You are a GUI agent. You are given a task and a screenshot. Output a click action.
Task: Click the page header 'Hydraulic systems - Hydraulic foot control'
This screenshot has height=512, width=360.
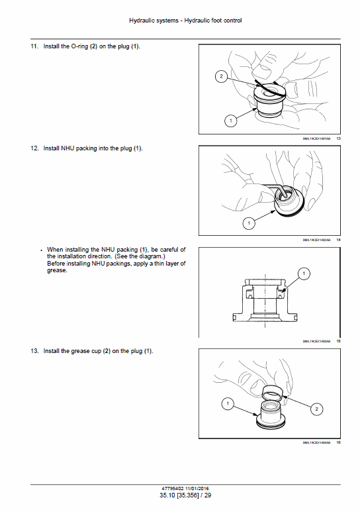point(185,21)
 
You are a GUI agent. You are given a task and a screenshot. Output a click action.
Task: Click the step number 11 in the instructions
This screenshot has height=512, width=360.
point(34,47)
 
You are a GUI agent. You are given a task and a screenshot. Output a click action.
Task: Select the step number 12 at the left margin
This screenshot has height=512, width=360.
point(34,148)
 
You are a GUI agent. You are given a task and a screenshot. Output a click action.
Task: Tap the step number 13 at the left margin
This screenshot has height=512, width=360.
point(34,350)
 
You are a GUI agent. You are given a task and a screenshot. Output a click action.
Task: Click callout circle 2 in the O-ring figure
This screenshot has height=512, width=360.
point(220,77)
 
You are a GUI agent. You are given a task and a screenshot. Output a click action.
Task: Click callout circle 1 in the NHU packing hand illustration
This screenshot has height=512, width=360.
point(249,223)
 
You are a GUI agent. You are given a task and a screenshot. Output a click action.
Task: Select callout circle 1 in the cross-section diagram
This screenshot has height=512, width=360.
point(303,273)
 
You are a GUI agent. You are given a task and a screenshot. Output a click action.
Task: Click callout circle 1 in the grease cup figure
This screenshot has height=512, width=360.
point(227,403)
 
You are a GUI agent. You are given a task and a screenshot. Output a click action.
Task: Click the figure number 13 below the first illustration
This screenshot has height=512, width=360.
point(338,138)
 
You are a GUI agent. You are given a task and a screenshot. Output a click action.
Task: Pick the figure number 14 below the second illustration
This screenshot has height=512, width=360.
point(338,239)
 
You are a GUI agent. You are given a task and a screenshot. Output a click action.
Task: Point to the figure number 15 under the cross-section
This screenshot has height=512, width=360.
point(338,340)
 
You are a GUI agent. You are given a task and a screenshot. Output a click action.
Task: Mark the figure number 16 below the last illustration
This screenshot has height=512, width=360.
point(338,442)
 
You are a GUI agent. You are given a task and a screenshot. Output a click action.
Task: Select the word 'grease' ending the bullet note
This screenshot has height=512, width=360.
point(57,270)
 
